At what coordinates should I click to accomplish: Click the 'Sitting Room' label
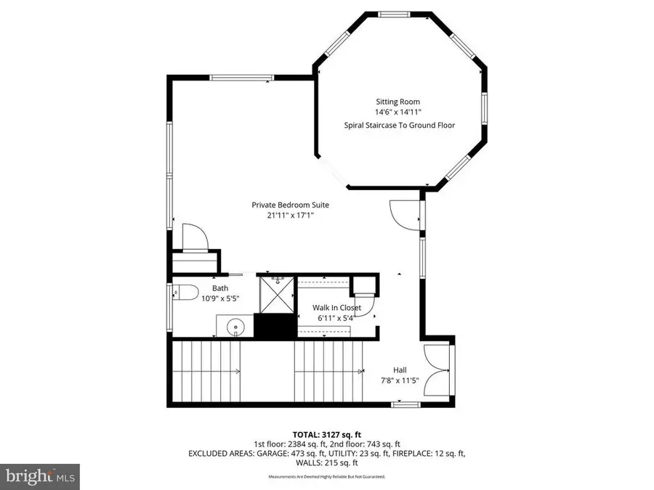pyautogui.click(x=397, y=102)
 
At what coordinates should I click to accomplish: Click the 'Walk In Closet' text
pyautogui.click(x=336, y=308)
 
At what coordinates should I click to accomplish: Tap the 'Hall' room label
pyautogui.click(x=400, y=369)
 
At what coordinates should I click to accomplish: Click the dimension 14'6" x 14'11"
pyautogui.click(x=397, y=113)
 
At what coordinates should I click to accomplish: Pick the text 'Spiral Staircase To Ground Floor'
pyautogui.click(x=399, y=126)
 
